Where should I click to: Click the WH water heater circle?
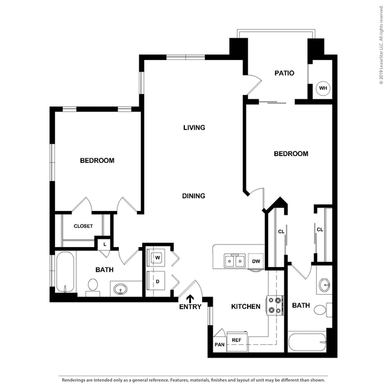point(322,88)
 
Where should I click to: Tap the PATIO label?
point(284,73)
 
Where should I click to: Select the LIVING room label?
point(194,128)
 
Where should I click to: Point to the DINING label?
point(194,195)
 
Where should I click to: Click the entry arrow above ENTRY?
point(190,299)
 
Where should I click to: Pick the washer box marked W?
point(158,258)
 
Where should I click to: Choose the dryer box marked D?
point(158,282)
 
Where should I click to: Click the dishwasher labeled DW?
point(256,261)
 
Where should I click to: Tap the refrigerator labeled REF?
point(236,340)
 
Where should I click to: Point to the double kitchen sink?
point(234,260)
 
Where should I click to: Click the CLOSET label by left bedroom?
point(83,226)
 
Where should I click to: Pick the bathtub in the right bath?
point(307,341)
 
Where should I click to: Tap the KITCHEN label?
point(246,306)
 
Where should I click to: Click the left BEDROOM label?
point(97,160)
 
